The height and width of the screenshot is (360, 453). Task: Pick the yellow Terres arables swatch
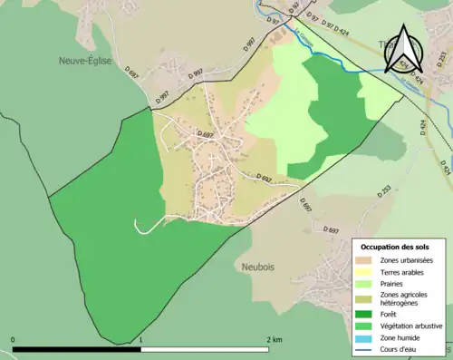coord(363,271)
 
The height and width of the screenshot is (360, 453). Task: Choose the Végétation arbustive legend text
coord(410,326)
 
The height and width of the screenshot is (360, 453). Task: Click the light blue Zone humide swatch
coord(363,337)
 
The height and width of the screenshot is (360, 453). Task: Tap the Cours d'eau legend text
coord(400,347)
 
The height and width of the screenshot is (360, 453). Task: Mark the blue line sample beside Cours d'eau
coord(363,347)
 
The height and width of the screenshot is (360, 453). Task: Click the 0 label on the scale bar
coord(13,340)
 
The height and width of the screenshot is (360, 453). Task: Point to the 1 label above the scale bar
coord(140,340)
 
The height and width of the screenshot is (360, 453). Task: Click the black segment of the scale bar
coord(77,349)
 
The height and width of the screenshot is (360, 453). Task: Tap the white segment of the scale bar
coord(205,349)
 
